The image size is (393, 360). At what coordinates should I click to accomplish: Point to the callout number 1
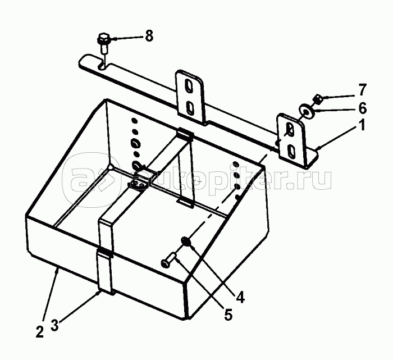tap(362, 126)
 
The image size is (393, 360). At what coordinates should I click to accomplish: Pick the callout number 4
tap(240, 297)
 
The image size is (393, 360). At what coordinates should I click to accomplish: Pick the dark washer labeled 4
tap(186, 243)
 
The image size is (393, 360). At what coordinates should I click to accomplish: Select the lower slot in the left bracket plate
tap(190, 107)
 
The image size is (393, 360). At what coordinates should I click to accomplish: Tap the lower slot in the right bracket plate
tap(291, 149)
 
